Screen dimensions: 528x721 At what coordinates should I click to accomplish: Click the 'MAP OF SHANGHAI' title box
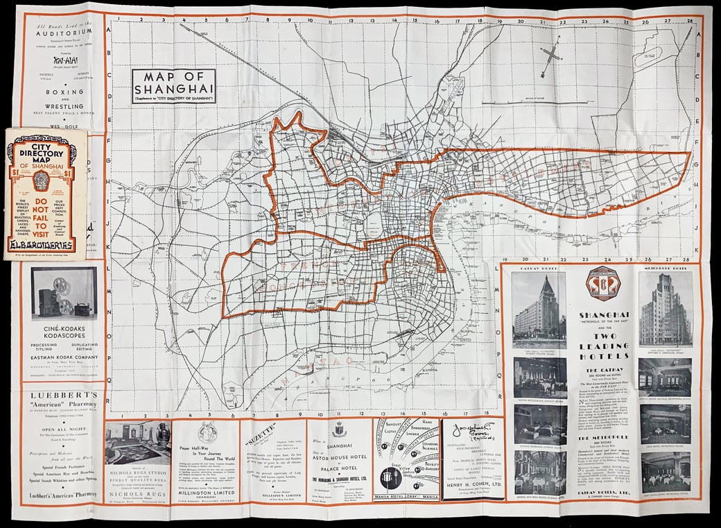[x=174, y=86]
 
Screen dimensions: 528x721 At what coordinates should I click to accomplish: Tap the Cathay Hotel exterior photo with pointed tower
[x=539, y=309]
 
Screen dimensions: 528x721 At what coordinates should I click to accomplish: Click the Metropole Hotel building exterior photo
[x=664, y=308]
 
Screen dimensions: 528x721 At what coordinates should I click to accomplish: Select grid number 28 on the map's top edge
[x=689, y=22]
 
